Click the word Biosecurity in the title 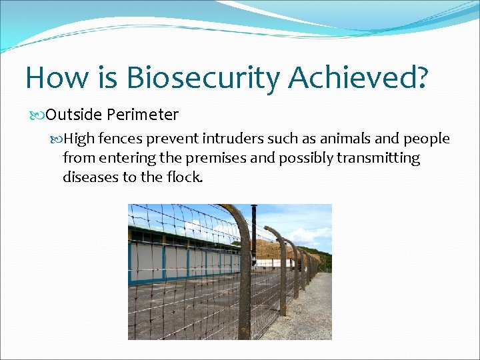pos(203,78)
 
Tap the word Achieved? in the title pos(357,77)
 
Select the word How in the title pos(57,77)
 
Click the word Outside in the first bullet pos(73,115)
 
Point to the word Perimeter pos(143,115)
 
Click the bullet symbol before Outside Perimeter pos(37,115)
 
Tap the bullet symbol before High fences pos(56,139)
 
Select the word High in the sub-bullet pos(79,139)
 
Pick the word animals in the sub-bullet pos(345,139)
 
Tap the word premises pos(216,159)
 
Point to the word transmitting pos(379,159)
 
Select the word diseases pos(91,177)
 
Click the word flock pos(185,177)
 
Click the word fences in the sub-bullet pos(121,139)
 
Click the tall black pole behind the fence pos(254,236)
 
